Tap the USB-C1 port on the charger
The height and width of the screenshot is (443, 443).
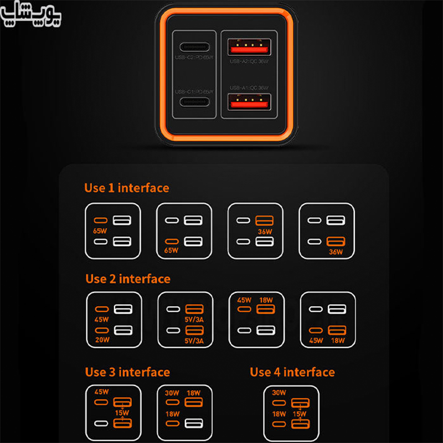pos(193,102)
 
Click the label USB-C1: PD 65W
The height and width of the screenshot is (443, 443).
pos(194,91)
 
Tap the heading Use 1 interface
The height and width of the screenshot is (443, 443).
pos(126,188)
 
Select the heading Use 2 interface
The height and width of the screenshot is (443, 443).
pos(128,279)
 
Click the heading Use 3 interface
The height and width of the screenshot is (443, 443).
pos(127,372)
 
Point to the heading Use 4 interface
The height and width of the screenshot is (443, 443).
pos(292,372)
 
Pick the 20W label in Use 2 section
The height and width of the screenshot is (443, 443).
pos(101,339)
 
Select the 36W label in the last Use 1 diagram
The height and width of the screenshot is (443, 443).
pos(336,252)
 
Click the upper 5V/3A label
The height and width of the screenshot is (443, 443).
pos(194,318)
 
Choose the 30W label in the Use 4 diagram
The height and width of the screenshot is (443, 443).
pos(280,393)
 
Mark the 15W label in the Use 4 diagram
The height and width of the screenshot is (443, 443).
pos(300,414)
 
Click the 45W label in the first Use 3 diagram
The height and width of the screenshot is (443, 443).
pos(102,392)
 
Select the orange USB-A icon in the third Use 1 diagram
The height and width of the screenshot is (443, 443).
pos(265,220)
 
